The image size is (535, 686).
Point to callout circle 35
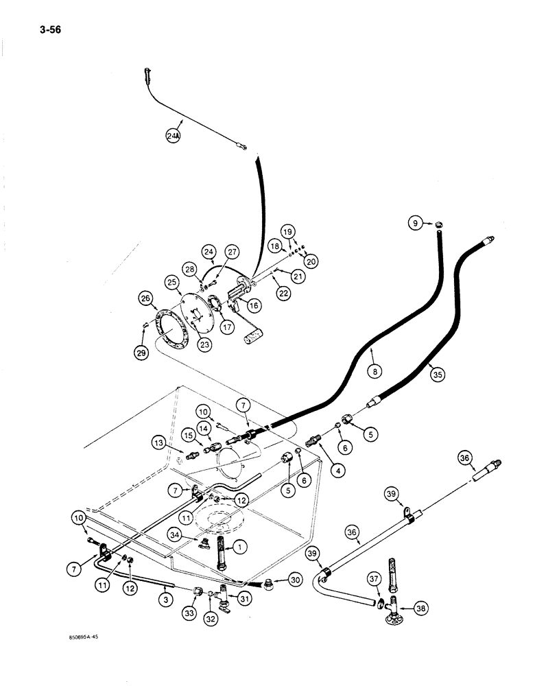[x=433, y=373]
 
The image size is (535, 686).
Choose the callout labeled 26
[x=145, y=298]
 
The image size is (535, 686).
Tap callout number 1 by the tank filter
[x=240, y=547]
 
